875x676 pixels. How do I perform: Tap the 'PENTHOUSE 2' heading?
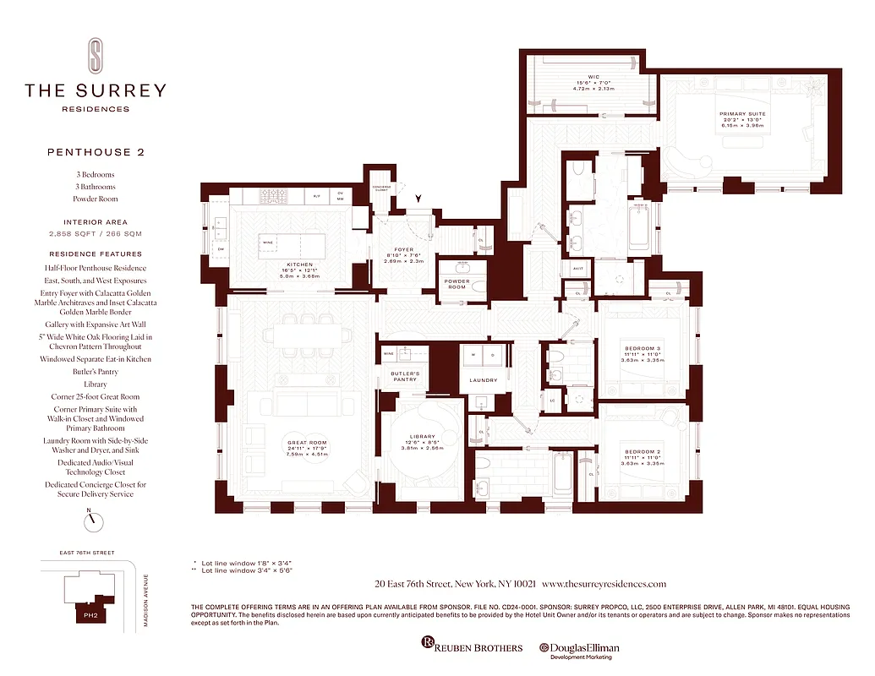(x=96, y=152)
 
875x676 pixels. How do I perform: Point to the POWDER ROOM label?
(x=457, y=284)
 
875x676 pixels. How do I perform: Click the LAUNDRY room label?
(x=484, y=380)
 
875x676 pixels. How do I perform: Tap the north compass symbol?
(x=96, y=521)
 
